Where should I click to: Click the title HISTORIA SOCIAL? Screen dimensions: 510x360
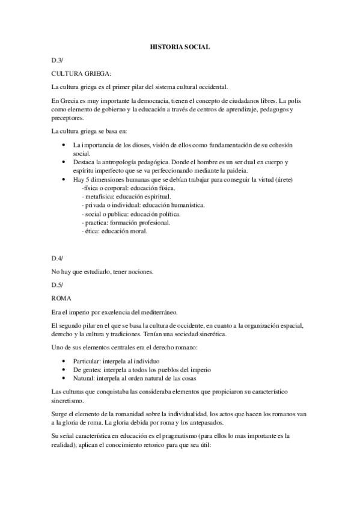click(180, 46)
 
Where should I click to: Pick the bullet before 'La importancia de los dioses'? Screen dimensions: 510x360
click(64, 145)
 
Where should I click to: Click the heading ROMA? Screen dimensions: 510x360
click(61, 298)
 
